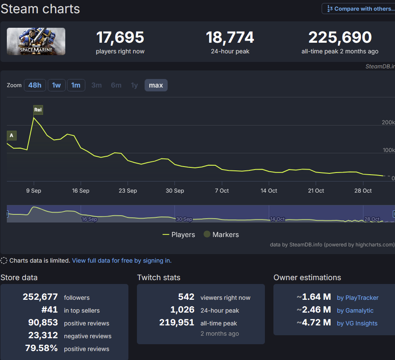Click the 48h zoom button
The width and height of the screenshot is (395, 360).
pos(35,85)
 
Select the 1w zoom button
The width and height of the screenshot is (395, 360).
pos(56,85)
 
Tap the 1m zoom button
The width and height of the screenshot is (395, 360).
pos(76,85)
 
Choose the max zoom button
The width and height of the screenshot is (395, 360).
pos(156,85)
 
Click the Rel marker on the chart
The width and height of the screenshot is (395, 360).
pos(38,110)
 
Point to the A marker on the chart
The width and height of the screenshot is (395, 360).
pos(12,135)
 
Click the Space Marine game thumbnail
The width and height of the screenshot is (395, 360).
pos(36,41)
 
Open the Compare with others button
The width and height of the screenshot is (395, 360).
pos(358,9)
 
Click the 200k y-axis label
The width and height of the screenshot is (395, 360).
pos(388,123)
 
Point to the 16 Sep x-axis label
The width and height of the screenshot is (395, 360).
pos(81,190)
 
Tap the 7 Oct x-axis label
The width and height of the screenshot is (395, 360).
pos(222,190)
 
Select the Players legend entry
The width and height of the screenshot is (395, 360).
pos(179,234)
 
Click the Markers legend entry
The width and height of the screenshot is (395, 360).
pos(221,234)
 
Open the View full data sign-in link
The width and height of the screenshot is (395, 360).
pos(122,260)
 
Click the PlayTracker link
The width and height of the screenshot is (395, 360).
pos(357,298)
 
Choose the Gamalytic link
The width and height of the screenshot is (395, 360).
pos(355,310)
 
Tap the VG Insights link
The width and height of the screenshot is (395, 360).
pos(357,323)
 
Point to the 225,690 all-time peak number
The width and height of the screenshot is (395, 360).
pos(340,38)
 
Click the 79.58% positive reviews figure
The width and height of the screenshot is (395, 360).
pos(41,348)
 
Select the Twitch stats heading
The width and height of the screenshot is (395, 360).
pos(159,278)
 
